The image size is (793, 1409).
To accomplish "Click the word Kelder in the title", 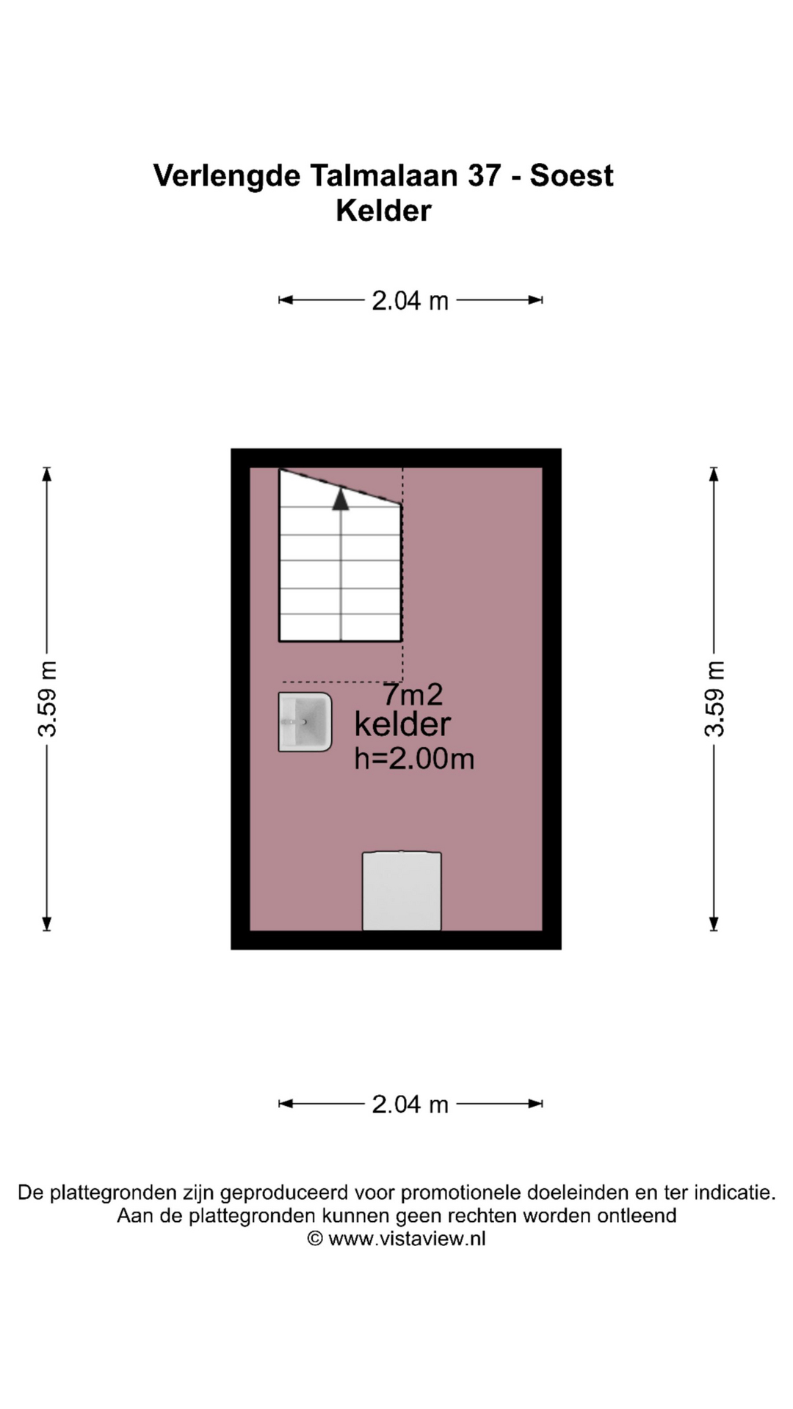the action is click(x=383, y=211).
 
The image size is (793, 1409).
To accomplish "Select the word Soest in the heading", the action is click(x=571, y=175).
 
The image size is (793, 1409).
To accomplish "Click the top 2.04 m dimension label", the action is click(x=410, y=300).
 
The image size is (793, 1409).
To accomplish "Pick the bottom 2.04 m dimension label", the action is click(x=410, y=1104).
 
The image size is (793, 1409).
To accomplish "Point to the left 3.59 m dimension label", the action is click(x=48, y=699).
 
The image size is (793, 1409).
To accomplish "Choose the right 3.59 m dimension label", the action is click(x=714, y=699).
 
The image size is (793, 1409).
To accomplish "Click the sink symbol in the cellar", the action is click(x=305, y=722).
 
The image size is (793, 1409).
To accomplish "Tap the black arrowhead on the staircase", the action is click(x=340, y=499).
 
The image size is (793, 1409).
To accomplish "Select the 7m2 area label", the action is click(x=413, y=694).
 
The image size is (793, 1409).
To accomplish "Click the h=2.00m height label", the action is click(x=414, y=759).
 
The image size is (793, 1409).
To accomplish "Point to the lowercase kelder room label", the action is click(x=402, y=724).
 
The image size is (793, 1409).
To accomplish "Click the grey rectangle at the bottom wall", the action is click(x=402, y=891).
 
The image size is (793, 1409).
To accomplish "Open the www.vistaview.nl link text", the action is click(x=407, y=1239).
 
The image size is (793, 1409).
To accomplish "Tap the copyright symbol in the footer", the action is click(x=315, y=1239).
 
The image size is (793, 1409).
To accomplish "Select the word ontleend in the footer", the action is click(x=637, y=1216).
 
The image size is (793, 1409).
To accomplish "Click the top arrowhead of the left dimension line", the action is click(x=47, y=474).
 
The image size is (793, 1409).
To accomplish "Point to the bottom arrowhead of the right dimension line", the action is click(x=714, y=924).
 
